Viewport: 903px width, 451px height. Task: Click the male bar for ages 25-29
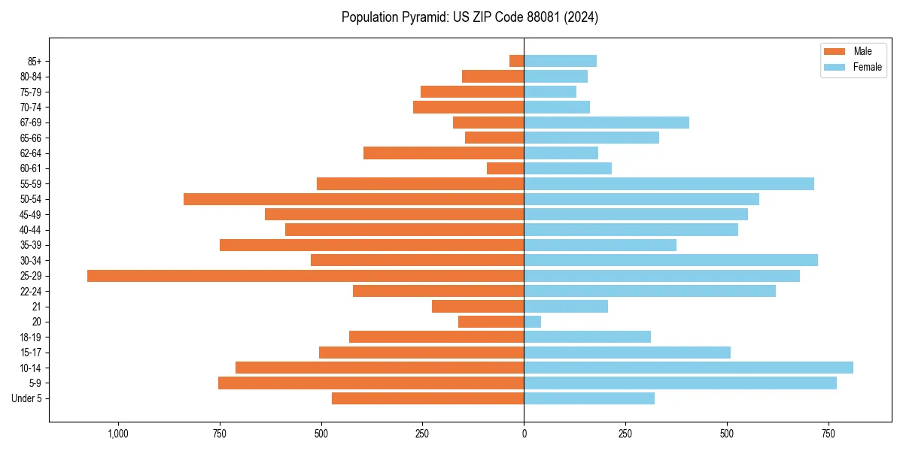[x=306, y=276]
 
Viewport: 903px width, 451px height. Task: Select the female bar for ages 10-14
[x=689, y=368]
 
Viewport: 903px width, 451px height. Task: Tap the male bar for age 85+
[x=516, y=61]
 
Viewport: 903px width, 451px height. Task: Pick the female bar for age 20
[x=533, y=322]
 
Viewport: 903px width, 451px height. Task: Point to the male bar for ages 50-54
[x=354, y=199]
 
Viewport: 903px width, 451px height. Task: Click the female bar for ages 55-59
[x=669, y=183]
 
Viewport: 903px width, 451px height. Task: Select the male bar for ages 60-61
[x=506, y=168]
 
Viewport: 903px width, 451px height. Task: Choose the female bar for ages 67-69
[x=607, y=123]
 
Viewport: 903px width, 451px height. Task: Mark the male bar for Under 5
[x=428, y=398]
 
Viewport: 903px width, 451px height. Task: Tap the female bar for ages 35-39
[x=600, y=245]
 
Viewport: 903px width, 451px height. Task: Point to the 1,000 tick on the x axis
[x=118, y=434]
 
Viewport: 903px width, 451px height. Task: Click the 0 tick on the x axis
[x=524, y=434]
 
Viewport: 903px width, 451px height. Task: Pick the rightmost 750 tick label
[x=829, y=434]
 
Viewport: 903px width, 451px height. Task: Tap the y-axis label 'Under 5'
[x=27, y=398]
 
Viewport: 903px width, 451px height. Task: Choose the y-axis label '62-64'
[x=31, y=153]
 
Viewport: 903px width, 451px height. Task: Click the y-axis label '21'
[x=37, y=307]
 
